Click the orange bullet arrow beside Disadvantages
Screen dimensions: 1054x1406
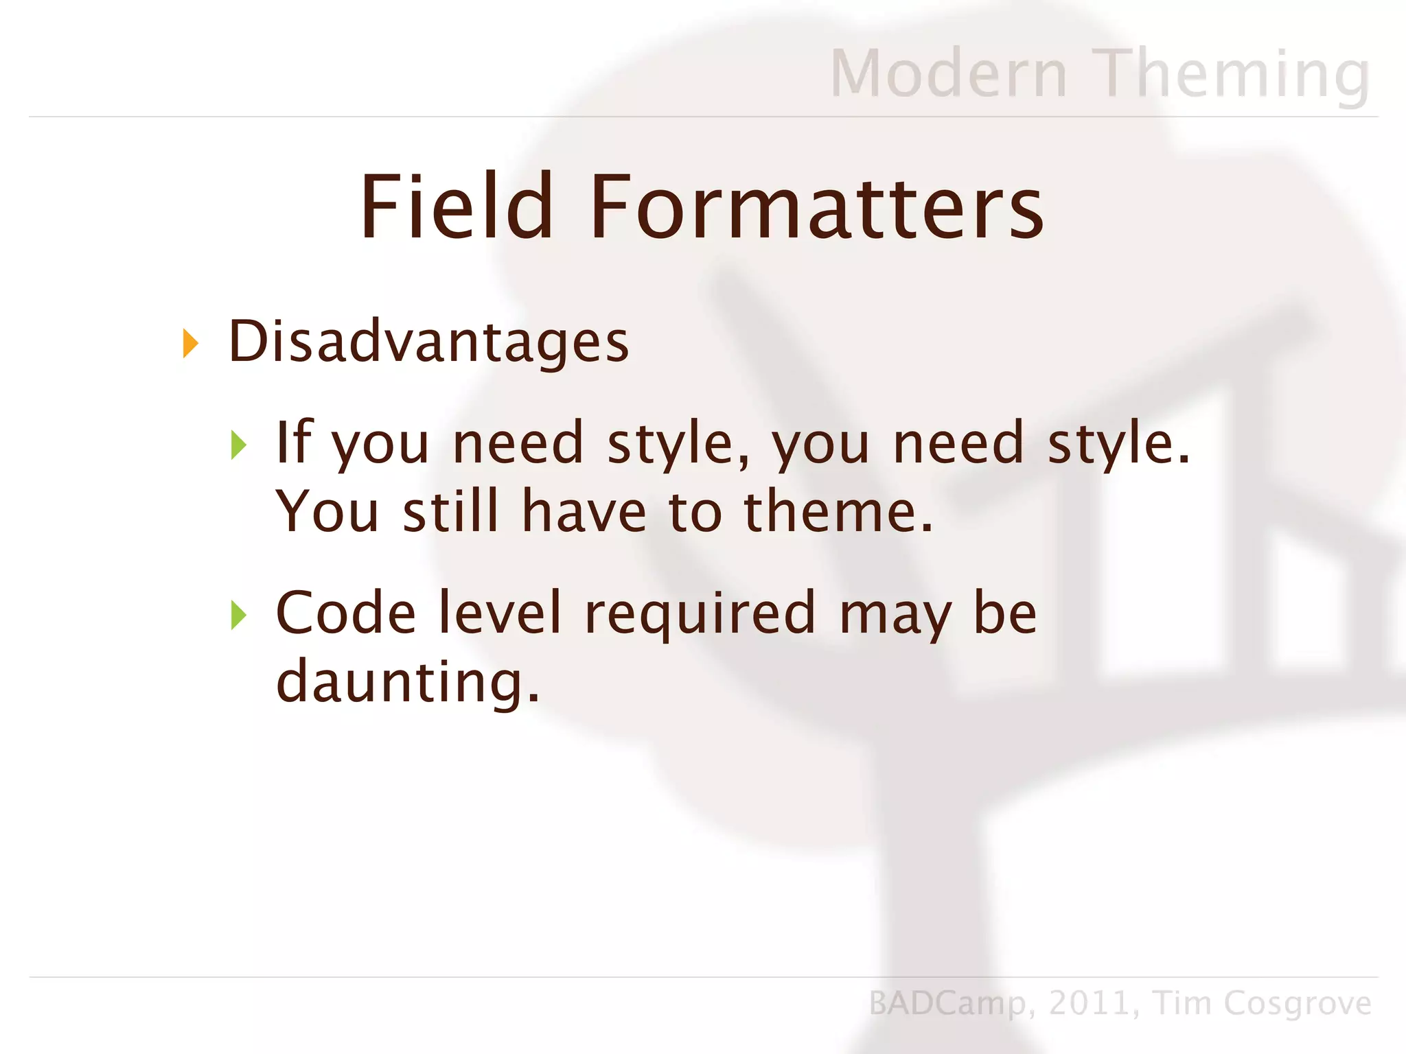coord(190,343)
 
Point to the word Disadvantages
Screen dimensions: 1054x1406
coord(428,341)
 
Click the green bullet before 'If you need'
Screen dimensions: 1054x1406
coord(238,445)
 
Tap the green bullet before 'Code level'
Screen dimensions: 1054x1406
coord(238,614)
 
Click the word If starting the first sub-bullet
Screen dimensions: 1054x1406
coord(293,442)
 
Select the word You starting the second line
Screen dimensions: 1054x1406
coord(327,511)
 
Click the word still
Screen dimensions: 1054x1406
coord(450,511)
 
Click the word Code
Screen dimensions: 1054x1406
coord(345,612)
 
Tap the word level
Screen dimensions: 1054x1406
coord(500,612)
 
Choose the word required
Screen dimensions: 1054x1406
coord(700,613)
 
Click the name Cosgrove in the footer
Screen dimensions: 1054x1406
coord(1298,1003)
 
